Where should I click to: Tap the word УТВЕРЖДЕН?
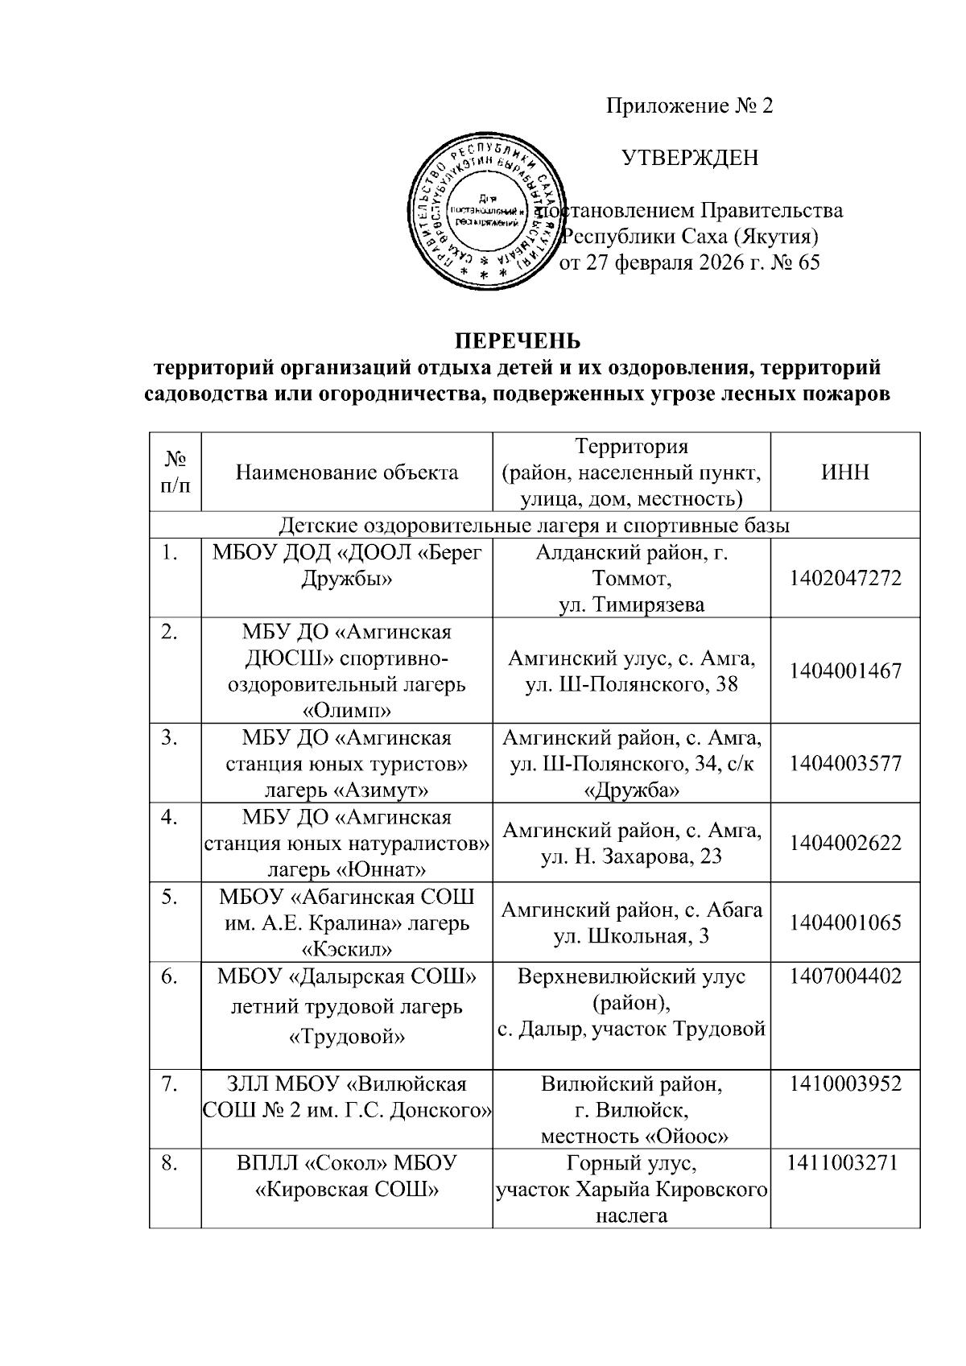pos(690,158)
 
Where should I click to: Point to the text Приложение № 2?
pos(689,106)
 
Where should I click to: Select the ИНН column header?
pos(844,472)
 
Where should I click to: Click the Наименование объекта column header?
pos(347,472)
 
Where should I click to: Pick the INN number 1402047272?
pos(844,578)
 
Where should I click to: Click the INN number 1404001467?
pos(844,671)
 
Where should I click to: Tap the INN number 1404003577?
pos(844,763)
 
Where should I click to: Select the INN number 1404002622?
pos(844,843)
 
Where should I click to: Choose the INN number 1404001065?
pos(844,922)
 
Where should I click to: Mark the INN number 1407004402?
pos(844,976)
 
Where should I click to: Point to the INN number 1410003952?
pos(844,1083)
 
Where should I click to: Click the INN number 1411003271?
pos(844,1162)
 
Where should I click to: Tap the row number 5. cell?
pos(170,897)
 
